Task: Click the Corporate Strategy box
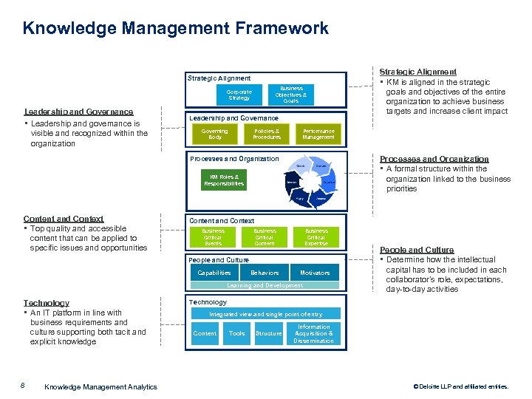coord(239,95)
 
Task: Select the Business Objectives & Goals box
coord(291,94)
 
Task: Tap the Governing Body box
coord(214,134)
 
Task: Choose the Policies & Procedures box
coord(267,134)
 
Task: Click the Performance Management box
coord(318,134)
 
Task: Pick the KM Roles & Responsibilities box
coord(224,180)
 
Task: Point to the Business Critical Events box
coord(213,237)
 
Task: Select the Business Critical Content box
coord(265,237)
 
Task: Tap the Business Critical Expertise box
coord(316,237)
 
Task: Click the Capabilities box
coord(214,273)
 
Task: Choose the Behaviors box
coord(265,273)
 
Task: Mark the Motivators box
coord(315,273)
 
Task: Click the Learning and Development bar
coord(265,285)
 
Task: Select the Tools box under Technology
coord(236,333)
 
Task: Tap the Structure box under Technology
coord(268,333)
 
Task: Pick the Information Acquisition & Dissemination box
coord(313,333)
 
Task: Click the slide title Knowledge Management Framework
coord(176,29)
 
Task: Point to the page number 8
coord(24,386)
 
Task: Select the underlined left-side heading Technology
coord(46,303)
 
